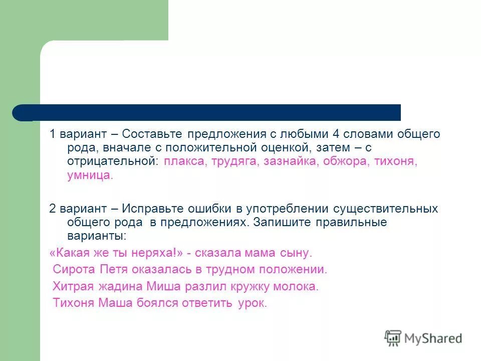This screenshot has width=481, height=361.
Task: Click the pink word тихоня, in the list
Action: point(398,162)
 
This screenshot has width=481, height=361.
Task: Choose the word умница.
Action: point(90,175)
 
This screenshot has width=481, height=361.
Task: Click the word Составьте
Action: point(152,134)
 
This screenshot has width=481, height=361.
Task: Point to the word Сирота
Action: point(74,270)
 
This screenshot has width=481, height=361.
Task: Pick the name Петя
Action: point(114,270)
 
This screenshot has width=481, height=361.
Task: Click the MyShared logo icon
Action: point(393,338)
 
